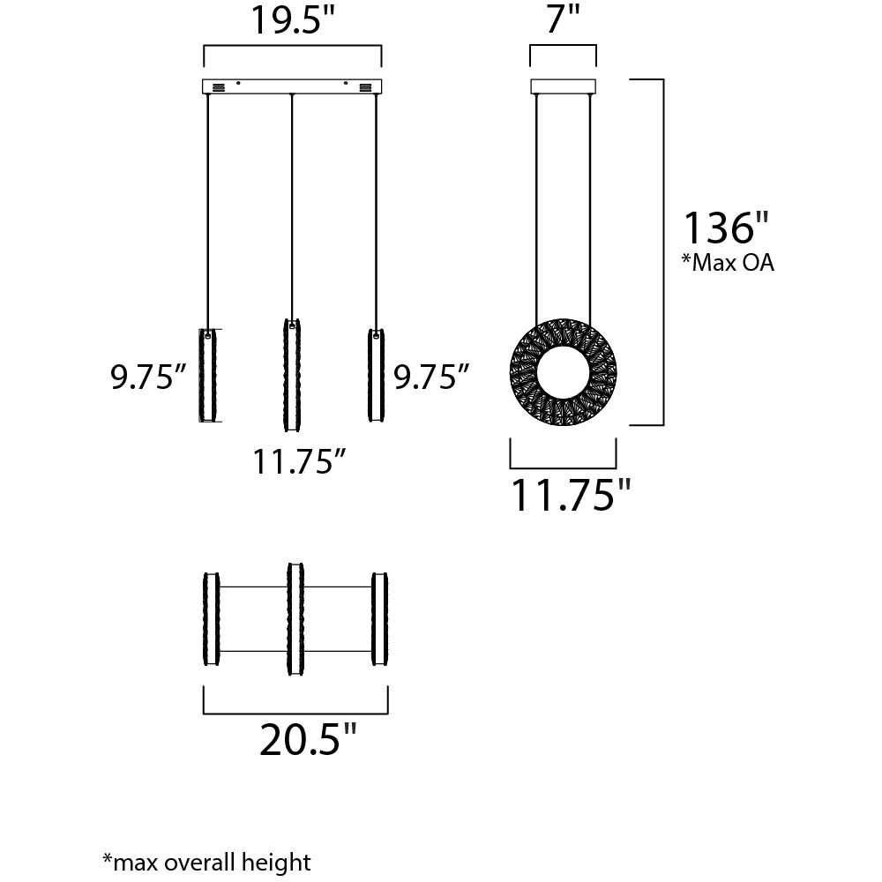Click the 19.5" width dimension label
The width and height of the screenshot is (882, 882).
click(x=293, y=20)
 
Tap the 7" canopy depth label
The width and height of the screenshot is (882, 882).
click(x=562, y=19)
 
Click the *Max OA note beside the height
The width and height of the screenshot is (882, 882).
click(x=729, y=263)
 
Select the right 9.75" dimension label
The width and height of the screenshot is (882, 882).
click(x=430, y=377)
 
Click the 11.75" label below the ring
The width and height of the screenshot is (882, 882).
click(x=572, y=496)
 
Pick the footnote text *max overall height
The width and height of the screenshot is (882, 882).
click(x=206, y=861)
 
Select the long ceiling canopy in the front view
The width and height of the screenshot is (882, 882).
click(x=293, y=86)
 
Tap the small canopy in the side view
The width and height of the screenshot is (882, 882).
click(x=563, y=86)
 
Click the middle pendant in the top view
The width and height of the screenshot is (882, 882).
click(x=295, y=618)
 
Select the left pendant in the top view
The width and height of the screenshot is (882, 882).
click(x=212, y=619)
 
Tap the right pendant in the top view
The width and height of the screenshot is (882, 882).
click(x=380, y=619)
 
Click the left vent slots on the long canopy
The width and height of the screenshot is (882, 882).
click(x=218, y=87)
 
